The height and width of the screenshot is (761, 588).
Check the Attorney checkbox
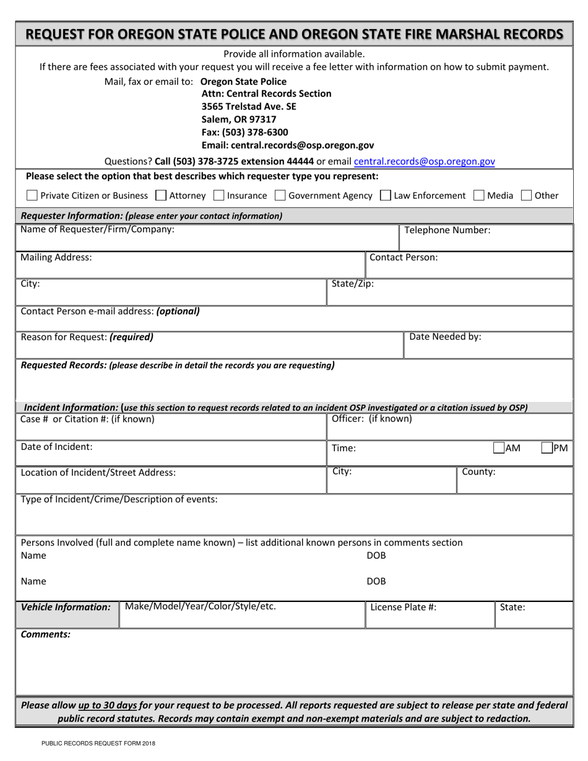(161, 196)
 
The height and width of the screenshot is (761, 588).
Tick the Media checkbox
(478, 196)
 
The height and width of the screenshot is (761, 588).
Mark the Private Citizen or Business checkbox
(32, 196)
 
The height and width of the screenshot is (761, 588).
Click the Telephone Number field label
(447, 230)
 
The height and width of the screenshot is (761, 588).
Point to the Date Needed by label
(445, 337)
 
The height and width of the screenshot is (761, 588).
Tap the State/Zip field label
(353, 284)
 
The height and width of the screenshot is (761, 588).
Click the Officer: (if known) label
(371, 419)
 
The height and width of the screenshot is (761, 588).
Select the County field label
(478, 472)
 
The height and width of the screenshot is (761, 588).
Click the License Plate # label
(403, 607)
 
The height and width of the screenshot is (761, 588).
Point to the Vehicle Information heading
(66, 607)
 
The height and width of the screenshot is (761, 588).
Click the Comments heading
(46, 634)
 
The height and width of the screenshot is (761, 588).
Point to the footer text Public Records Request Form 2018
(98, 744)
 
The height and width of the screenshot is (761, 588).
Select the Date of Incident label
(56, 446)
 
